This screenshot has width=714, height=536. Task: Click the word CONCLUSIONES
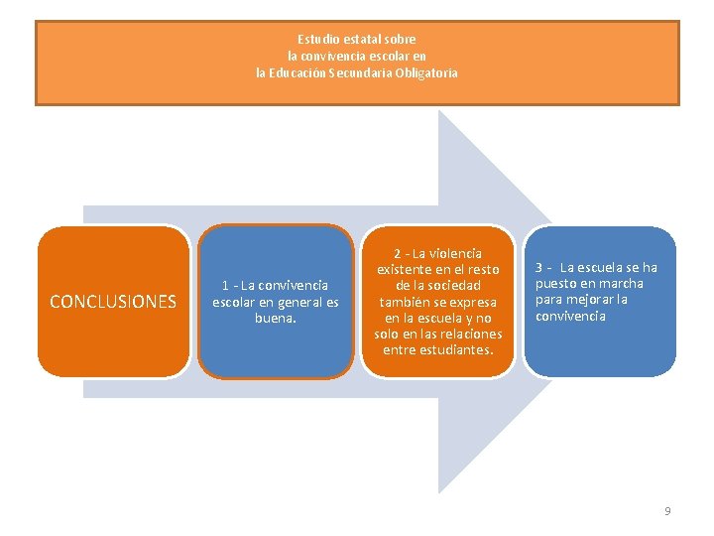113,302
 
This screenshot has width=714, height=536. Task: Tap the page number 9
667,511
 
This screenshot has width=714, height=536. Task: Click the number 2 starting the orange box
397,253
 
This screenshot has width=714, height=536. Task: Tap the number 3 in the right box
539,268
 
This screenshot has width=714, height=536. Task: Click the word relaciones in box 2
471,333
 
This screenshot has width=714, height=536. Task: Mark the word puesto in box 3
557,284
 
